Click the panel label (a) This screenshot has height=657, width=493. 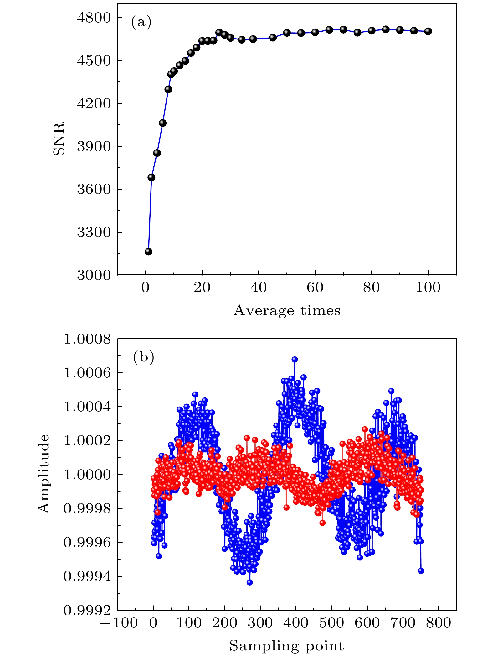pyautogui.click(x=141, y=22)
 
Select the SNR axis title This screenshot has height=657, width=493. pyautogui.click(x=59, y=138)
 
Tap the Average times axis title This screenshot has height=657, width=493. pyautogui.click(x=287, y=310)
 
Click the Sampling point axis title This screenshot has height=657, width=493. pyautogui.click(x=287, y=646)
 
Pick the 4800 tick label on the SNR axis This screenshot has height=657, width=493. pyautogui.click(x=94, y=18)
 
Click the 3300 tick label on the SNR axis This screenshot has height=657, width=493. pyautogui.click(x=94, y=232)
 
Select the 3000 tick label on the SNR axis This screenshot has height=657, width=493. pyautogui.click(x=94, y=275)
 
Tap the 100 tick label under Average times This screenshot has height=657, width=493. pyautogui.click(x=428, y=287)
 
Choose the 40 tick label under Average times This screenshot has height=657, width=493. pyautogui.click(x=259, y=287)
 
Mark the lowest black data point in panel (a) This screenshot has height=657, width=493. pyautogui.click(x=148, y=252)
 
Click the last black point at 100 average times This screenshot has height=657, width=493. pyautogui.click(x=428, y=31)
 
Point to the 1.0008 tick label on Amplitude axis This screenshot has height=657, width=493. pyautogui.click(x=87, y=339)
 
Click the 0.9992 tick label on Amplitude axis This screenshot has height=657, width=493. pyautogui.click(x=87, y=610)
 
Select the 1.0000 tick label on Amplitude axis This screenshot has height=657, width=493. pyautogui.click(x=87, y=475)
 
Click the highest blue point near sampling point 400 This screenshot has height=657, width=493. pyautogui.click(x=295, y=359)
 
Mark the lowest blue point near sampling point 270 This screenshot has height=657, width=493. pyautogui.click(x=249, y=582)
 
